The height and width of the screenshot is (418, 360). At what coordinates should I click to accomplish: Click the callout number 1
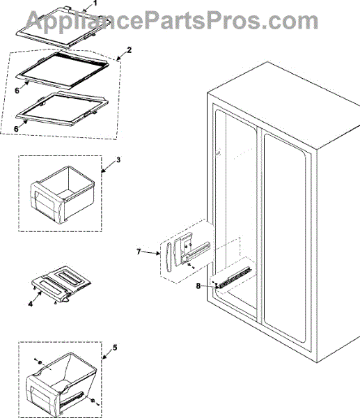click(x=95, y=3)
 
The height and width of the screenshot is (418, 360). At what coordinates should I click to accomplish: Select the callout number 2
click(x=129, y=50)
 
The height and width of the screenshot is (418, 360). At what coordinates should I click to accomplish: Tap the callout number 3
click(x=118, y=160)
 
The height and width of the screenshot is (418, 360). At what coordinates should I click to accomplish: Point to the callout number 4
click(x=31, y=303)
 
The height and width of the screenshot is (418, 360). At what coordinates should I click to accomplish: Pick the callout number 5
click(x=115, y=348)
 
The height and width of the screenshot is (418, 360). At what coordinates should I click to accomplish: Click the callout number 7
click(x=139, y=251)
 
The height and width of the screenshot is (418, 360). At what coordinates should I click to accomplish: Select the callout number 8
click(x=198, y=286)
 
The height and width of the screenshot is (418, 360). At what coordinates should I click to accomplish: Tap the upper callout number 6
click(x=17, y=91)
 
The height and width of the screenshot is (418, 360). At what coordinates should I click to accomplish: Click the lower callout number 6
click(x=17, y=129)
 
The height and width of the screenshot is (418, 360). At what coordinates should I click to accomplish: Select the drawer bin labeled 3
click(x=63, y=194)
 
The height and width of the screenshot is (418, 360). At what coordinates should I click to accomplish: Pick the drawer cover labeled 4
click(x=61, y=284)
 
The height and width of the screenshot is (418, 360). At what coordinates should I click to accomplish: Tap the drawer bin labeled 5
click(x=61, y=383)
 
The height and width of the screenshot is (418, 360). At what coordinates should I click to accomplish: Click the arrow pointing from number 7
click(x=150, y=253)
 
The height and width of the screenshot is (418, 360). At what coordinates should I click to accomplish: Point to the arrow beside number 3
click(x=108, y=167)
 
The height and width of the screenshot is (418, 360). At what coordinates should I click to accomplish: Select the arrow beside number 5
click(x=108, y=353)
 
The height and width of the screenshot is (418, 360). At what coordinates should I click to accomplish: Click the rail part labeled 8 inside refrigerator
click(x=235, y=278)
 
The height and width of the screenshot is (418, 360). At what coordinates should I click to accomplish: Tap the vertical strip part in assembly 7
click(x=169, y=257)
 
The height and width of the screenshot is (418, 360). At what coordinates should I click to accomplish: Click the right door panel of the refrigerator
click(x=285, y=238)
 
